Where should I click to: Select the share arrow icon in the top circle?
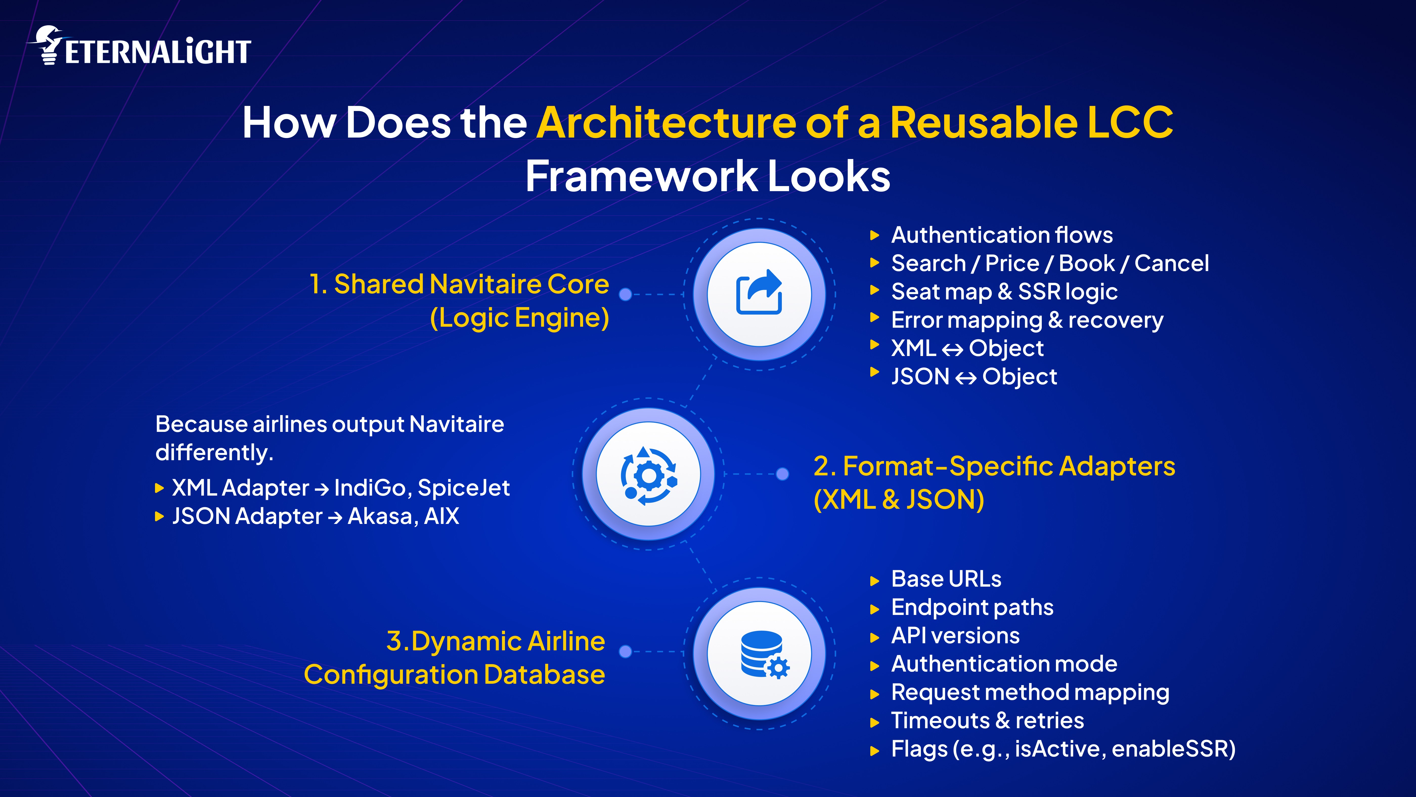[759, 292]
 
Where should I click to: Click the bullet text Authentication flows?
[1002, 235]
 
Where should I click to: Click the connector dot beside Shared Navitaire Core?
[625, 295]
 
